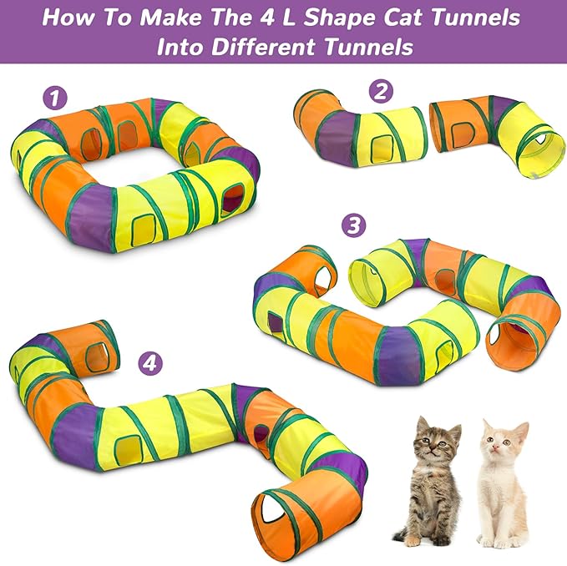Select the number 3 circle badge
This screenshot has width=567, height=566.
(355, 225)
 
